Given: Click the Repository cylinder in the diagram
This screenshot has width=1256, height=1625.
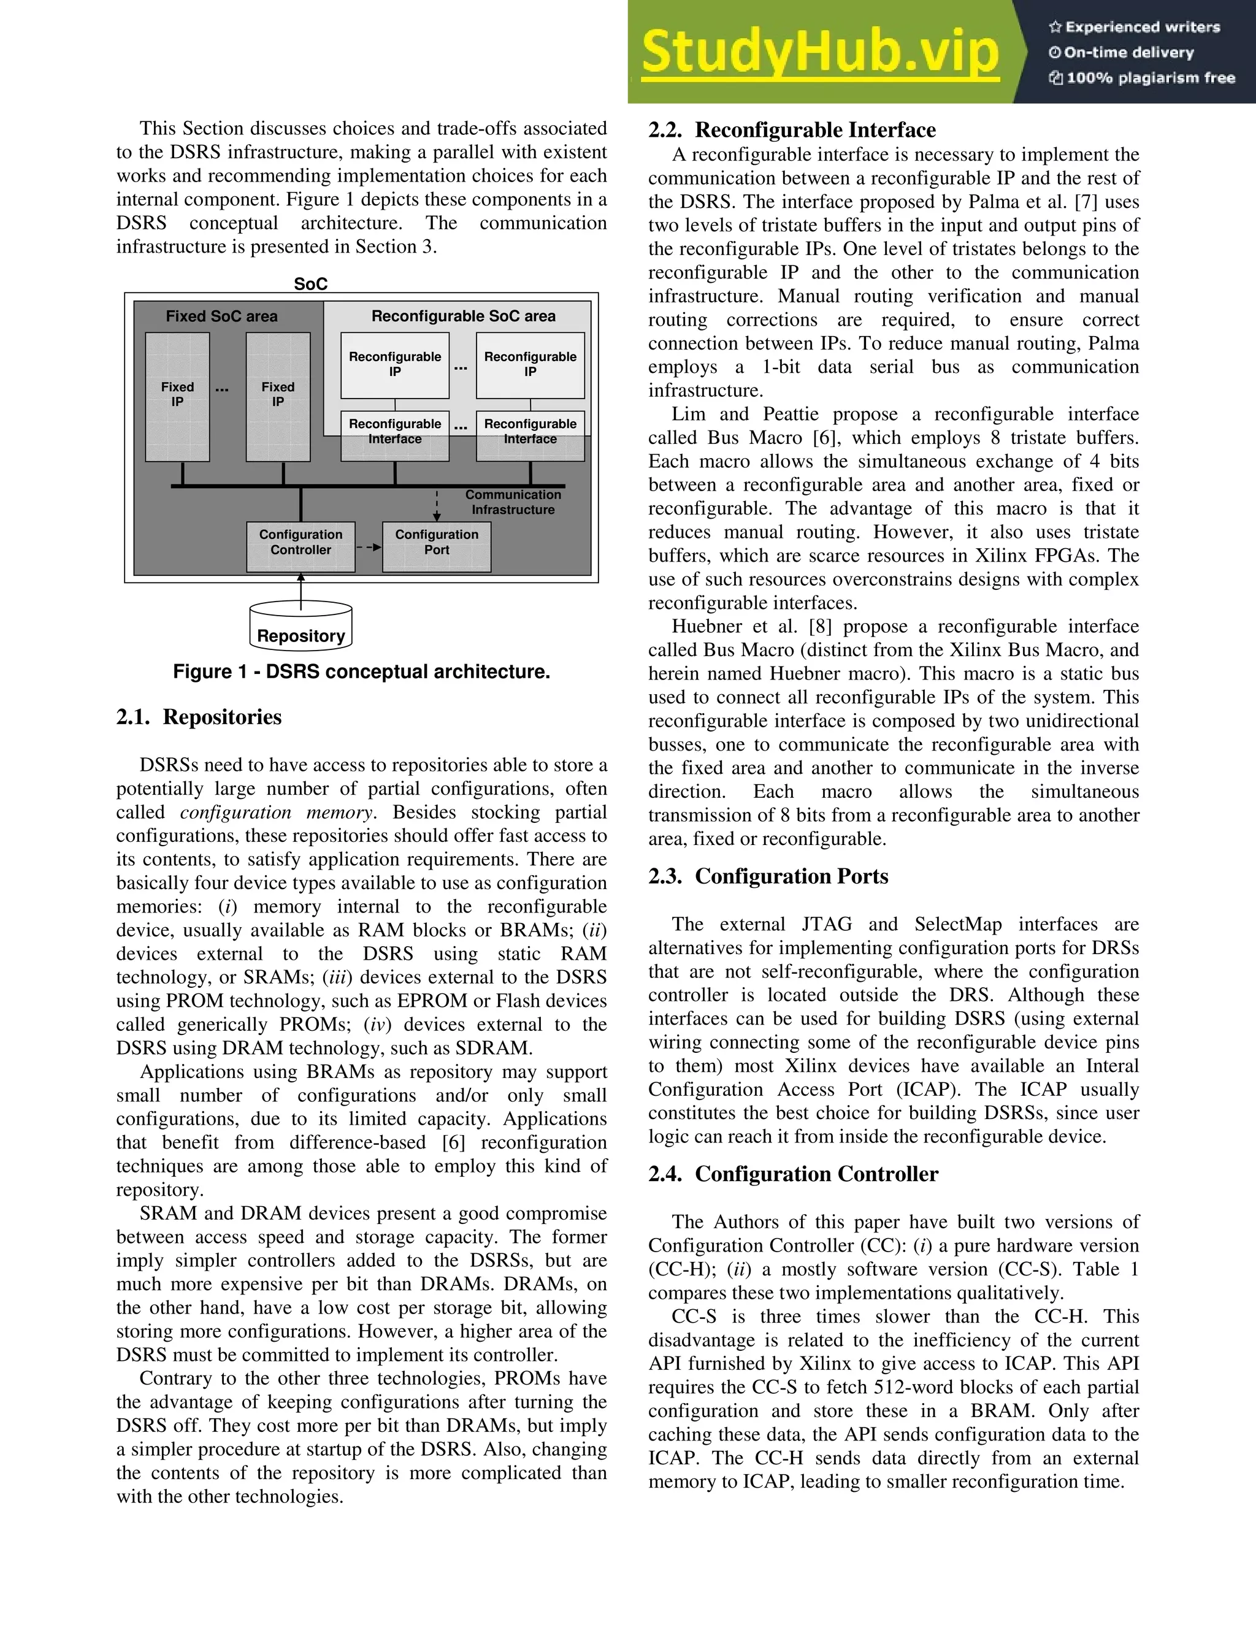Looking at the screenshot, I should point(301,627).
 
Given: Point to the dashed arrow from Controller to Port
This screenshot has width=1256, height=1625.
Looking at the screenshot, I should point(369,548).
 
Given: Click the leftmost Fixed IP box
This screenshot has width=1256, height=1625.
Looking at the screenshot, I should point(177,397).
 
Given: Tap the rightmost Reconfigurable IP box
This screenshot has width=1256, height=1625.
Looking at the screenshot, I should point(530,365).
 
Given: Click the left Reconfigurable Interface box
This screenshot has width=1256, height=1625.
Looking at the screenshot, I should point(394,435).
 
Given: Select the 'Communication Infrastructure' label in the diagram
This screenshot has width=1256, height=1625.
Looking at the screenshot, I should point(513,502).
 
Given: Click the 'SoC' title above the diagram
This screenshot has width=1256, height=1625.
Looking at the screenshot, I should point(310,283).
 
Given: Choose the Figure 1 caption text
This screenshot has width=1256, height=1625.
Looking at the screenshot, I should point(362,672).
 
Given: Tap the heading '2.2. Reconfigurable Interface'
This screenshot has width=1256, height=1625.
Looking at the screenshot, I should point(792,130).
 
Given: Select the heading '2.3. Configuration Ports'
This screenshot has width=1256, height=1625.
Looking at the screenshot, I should point(768,876).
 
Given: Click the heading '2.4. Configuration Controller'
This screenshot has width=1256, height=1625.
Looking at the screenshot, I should point(792,1174).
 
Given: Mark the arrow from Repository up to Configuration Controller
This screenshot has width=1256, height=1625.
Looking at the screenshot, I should point(301,592).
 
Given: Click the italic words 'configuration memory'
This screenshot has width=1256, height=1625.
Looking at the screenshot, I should point(277,812).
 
